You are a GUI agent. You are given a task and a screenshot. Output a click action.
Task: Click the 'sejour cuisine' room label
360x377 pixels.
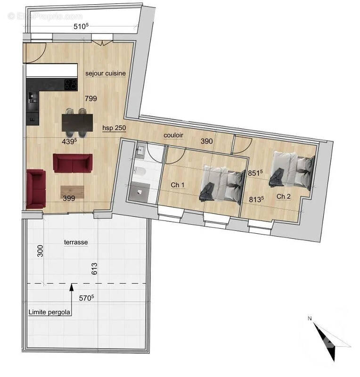pyautogui.click(x=105, y=74)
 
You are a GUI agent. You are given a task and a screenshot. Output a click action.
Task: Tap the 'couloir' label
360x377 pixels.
pyautogui.click(x=173, y=135)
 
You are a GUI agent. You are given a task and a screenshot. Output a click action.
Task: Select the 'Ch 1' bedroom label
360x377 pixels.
pyautogui.click(x=177, y=185)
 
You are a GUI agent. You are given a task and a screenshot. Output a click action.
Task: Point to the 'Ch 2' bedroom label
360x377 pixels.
pyautogui.click(x=283, y=196)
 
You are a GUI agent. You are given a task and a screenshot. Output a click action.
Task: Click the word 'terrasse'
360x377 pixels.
pyautogui.click(x=76, y=242)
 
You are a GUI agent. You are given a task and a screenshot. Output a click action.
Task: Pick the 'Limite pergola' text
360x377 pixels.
pyautogui.click(x=49, y=312)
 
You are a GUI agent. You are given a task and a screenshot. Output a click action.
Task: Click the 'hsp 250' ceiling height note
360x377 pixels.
pyautogui.click(x=114, y=128)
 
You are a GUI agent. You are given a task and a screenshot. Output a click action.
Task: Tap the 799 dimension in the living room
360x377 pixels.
pyautogui.click(x=90, y=98)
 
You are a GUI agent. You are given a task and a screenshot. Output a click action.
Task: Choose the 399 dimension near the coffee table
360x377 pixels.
pyautogui.click(x=69, y=198)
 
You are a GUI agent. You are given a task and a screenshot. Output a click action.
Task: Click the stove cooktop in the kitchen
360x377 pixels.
pyautogui.click(x=71, y=85)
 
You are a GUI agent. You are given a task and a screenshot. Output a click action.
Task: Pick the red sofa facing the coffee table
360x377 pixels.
pyautogui.click(x=72, y=163)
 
